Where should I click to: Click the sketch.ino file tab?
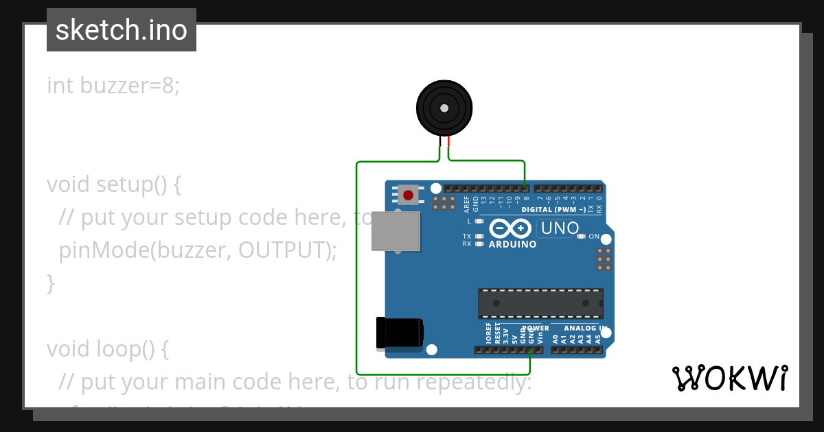122,30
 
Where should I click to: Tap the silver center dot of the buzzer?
444,108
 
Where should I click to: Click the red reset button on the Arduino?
409,195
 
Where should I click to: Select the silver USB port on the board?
396,230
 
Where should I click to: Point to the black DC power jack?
400,333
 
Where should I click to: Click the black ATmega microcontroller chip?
540,303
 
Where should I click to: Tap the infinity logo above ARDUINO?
510,228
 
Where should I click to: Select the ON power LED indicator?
581,237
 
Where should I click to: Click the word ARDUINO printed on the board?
512,244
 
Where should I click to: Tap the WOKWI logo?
730,379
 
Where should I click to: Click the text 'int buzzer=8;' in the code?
113,86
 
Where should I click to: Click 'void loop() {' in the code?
108,349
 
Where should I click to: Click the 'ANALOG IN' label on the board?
576,328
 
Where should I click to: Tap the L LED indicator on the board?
479,221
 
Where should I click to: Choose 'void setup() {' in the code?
114,184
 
